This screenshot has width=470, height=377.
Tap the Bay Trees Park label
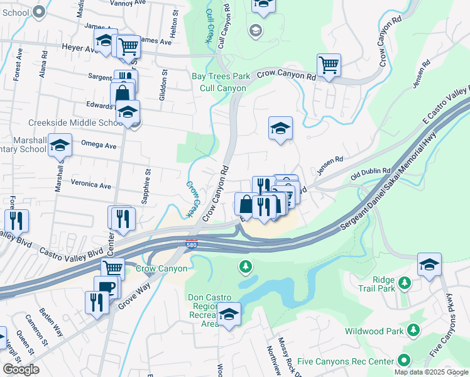pos(221,77)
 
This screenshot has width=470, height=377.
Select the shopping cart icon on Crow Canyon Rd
pos(329,65)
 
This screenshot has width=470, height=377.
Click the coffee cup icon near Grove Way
pos(106,287)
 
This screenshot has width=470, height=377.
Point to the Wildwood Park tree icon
pos(413,330)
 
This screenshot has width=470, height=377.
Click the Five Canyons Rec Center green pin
pos(403,361)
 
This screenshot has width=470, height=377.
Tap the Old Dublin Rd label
pos(371,171)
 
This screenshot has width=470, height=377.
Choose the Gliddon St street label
pos(162,89)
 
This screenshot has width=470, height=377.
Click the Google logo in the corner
pos(21,369)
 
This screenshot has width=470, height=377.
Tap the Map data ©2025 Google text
pos(431,372)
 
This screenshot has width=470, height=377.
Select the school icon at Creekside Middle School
pos(128,112)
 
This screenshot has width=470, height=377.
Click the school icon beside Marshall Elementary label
pos(60,145)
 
